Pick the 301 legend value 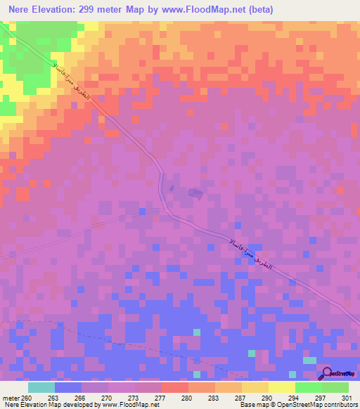[346, 397]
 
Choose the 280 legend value [186, 397]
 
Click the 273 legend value [133, 397]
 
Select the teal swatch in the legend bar [41, 387]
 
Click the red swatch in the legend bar [174, 387]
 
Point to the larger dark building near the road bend [195, 192]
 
